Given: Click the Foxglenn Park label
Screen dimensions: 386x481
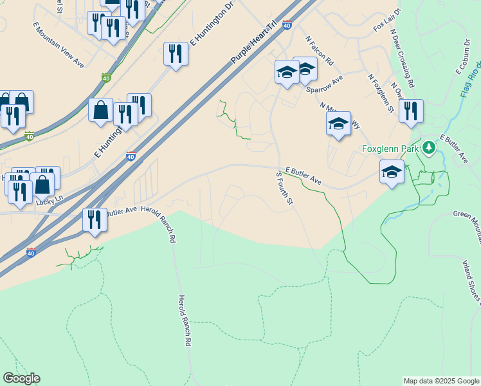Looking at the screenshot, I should (390, 149).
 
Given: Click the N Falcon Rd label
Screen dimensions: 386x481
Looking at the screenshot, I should (320, 50).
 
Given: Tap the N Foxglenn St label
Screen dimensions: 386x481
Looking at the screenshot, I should (380, 93).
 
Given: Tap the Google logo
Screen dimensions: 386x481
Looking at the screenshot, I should (21, 378).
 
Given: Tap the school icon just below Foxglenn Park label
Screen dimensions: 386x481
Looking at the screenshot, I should (391, 172).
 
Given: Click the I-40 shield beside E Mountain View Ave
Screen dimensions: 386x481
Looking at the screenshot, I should (105, 78).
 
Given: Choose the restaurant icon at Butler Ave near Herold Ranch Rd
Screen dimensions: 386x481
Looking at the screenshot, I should (95, 219).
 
